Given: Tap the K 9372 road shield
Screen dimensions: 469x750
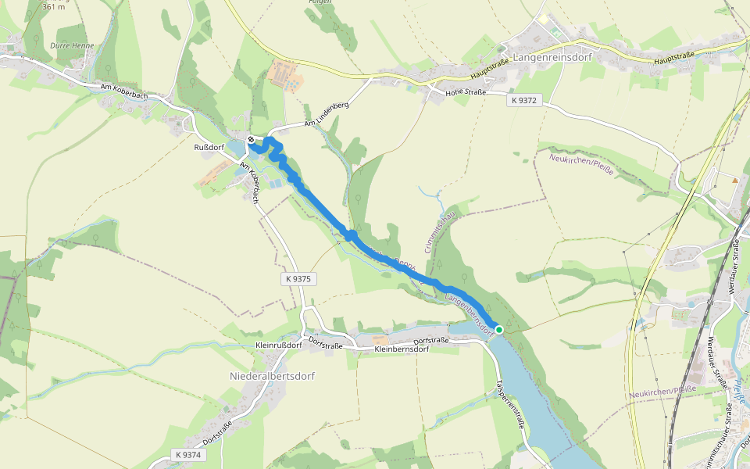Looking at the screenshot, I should point(524,101).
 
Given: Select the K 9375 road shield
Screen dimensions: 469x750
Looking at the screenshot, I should point(298,278).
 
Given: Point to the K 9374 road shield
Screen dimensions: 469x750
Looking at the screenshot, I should point(188,454).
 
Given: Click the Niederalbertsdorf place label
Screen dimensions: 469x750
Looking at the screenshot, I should point(271,376).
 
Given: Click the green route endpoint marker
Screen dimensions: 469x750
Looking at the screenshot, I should point(499,330).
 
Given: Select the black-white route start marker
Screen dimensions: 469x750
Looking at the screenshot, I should point(251,139).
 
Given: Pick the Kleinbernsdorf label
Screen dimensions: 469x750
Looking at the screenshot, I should point(402,349).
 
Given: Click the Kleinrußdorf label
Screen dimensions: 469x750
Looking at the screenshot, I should point(279,345).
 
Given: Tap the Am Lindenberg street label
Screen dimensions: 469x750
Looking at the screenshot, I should point(326,114).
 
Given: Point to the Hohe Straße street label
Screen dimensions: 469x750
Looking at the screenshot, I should point(466,92).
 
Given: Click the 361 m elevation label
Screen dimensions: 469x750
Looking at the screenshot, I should point(54,6).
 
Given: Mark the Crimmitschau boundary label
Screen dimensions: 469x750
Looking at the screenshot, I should point(438,231).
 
